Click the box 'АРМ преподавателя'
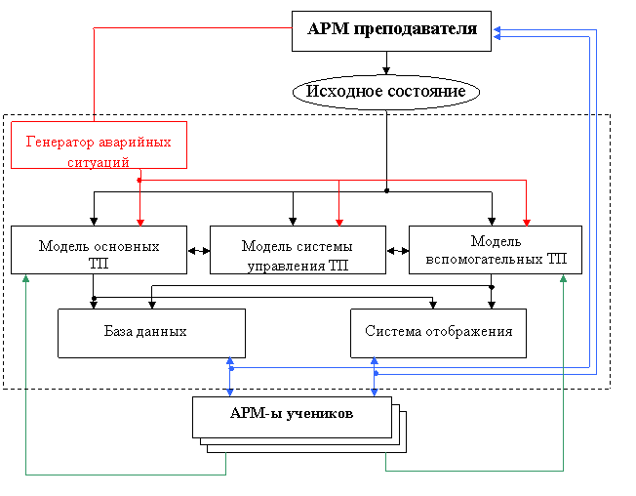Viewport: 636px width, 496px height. coord(391,31)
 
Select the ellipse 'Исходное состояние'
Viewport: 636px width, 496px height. coord(386,92)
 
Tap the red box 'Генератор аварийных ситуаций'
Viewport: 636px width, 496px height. coord(99,145)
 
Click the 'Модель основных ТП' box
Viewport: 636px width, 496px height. coord(99,250)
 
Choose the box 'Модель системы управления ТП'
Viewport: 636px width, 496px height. coord(298,250)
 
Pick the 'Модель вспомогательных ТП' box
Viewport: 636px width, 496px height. coord(496,250)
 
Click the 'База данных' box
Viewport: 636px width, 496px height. coord(152,333)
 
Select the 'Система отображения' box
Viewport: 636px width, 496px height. coord(438,333)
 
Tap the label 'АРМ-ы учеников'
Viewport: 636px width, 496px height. coord(292,413)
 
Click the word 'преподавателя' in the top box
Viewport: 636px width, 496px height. coord(416,29)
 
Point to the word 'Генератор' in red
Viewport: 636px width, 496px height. coord(60,142)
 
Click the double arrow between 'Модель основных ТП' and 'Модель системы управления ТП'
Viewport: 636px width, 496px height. coord(199,251)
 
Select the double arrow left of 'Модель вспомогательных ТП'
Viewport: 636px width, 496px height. coord(398,251)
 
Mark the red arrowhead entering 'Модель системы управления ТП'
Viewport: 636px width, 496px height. coord(339,223)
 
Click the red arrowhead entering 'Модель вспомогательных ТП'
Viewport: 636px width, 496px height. coord(527,223)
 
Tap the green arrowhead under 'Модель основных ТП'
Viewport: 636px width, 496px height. coord(26,278)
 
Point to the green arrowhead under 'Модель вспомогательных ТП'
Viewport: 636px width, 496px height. coord(564,278)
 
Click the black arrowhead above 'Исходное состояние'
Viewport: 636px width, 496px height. coord(386,71)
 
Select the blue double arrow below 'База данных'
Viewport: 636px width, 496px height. coord(230,377)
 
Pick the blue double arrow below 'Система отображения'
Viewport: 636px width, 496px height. coord(375,377)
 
